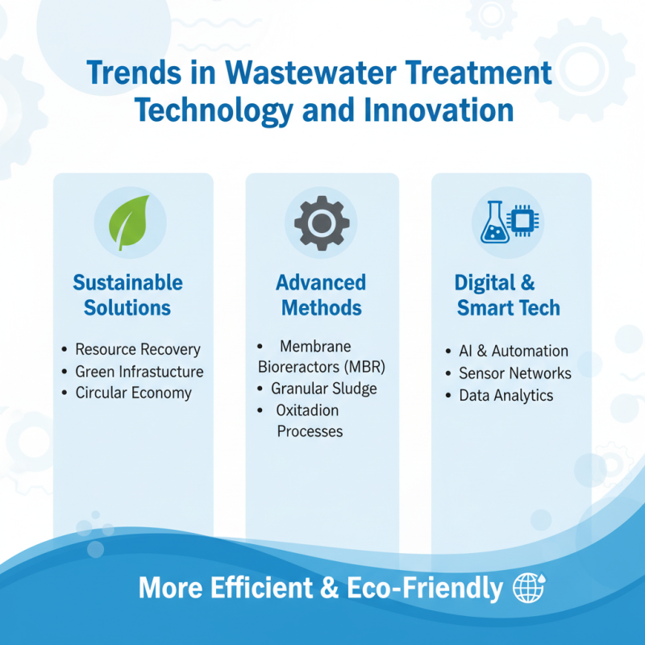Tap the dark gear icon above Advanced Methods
[322, 222]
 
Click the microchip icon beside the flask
[526, 218]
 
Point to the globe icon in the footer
[528, 588]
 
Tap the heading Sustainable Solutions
[127, 295]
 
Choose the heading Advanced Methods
[321, 295]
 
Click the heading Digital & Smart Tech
[508, 295]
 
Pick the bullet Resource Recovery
[138, 350]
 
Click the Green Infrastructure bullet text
[139, 372]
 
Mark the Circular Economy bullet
[133, 393]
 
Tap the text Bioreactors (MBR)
[322, 368]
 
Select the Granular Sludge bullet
[323, 389]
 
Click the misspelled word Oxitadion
[307, 410]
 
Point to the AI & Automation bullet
[514, 352]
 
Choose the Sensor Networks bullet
[515, 373]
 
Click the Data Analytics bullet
[506, 395]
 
